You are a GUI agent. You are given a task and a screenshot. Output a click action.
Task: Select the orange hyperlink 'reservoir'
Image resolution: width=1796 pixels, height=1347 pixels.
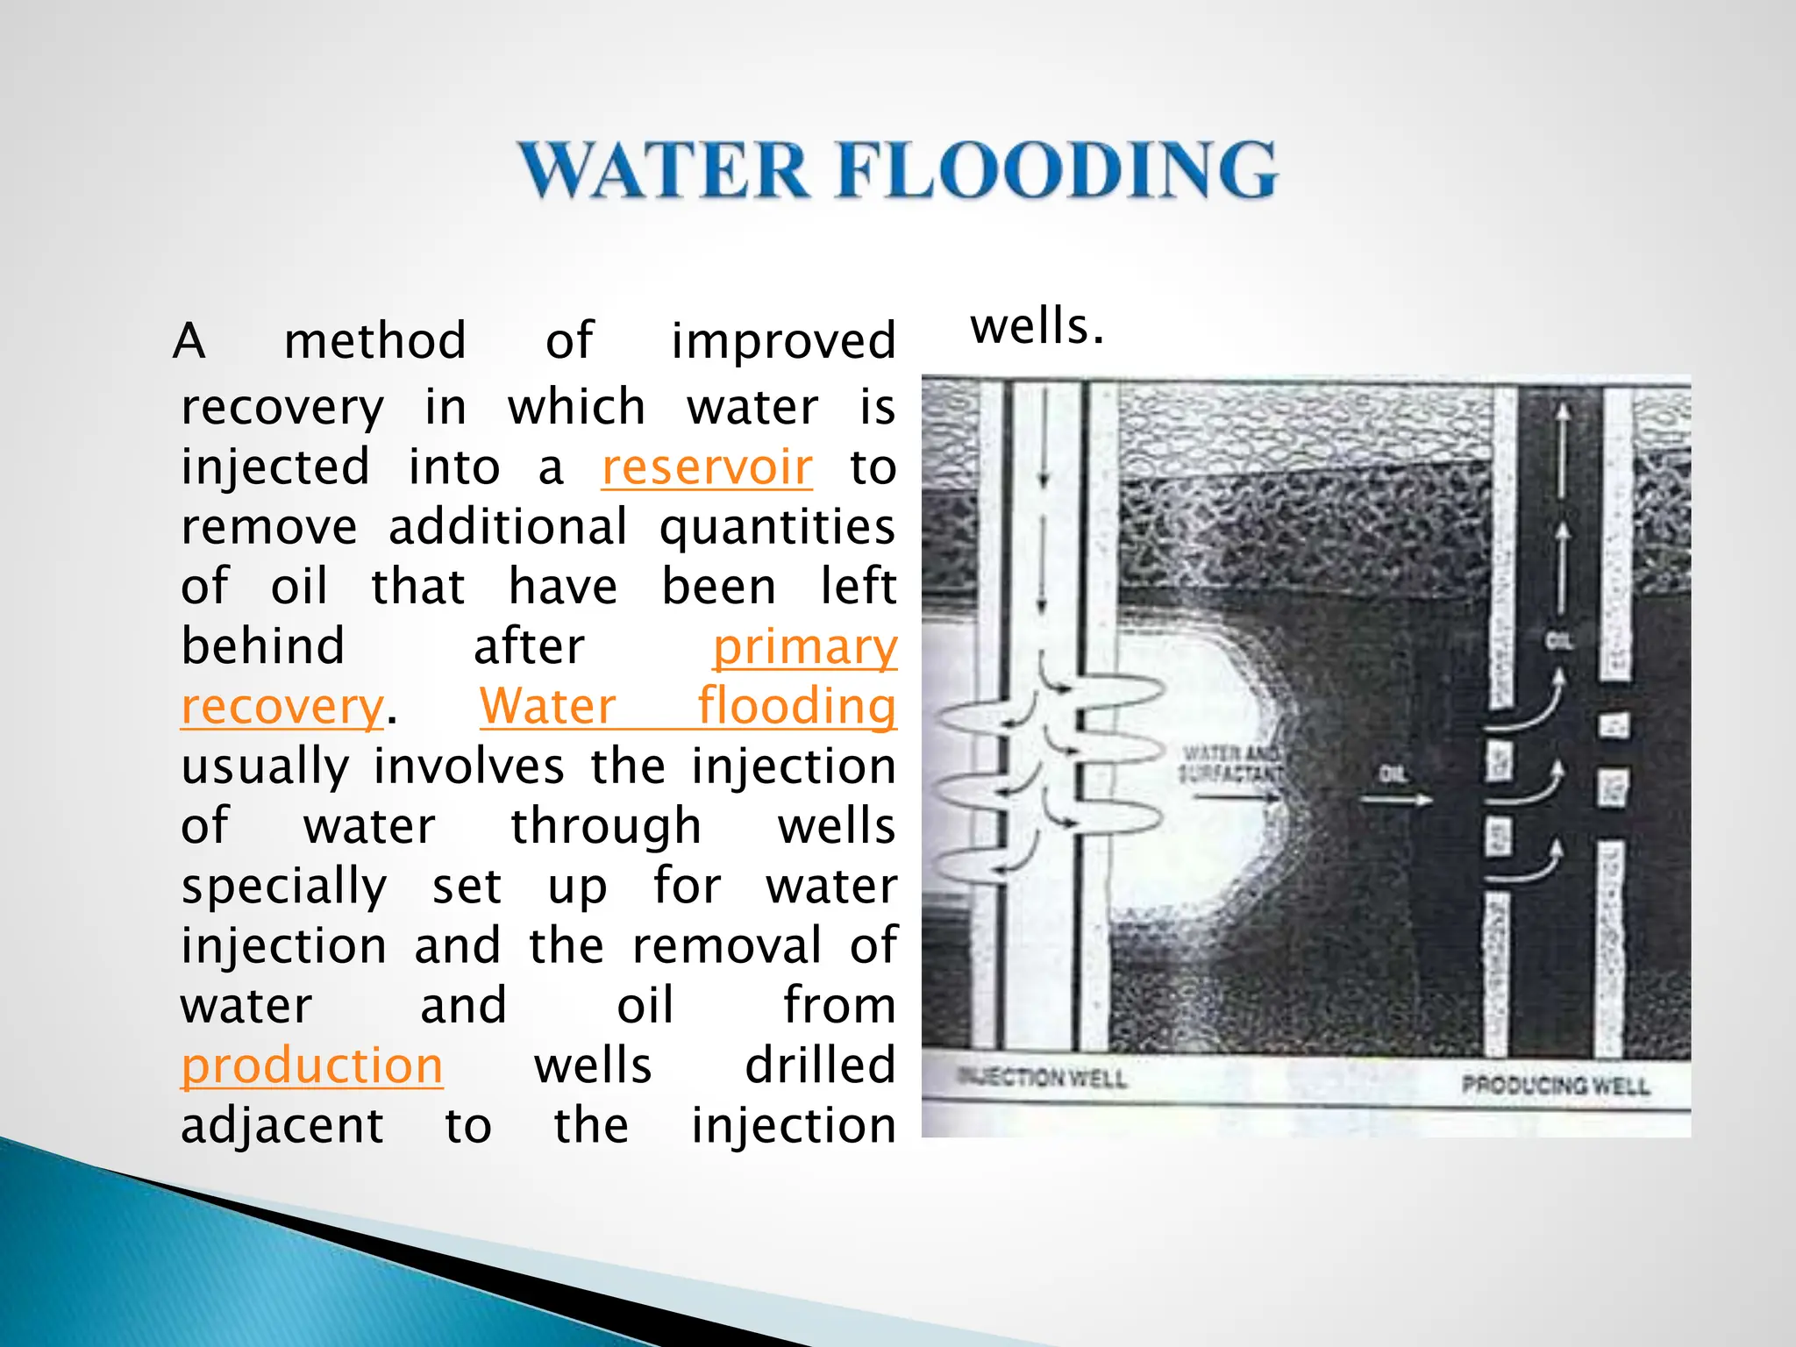click(707, 467)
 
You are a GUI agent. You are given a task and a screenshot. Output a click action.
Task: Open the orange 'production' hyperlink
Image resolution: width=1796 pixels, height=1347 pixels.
click(311, 1065)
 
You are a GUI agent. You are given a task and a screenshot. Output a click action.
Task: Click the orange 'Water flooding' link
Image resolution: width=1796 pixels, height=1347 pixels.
click(688, 706)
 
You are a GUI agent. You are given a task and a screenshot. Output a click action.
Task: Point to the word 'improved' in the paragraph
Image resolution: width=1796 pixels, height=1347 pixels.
click(783, 340)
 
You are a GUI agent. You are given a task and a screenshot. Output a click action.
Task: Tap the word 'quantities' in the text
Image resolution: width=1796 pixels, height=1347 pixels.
click(777, 527)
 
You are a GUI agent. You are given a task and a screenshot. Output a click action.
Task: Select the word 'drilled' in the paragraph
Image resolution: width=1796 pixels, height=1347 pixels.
click(820, 1065)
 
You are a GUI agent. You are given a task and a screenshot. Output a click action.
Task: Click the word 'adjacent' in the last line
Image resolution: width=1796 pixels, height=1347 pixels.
click(282, 1125)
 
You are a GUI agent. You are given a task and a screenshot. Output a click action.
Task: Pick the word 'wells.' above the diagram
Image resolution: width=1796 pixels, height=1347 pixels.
click(1037, 326)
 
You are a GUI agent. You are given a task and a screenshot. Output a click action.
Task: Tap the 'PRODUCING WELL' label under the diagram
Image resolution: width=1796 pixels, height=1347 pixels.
click(1555, 1086)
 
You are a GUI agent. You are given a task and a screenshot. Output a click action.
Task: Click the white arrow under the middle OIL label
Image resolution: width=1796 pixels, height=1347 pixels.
click(1394, 800)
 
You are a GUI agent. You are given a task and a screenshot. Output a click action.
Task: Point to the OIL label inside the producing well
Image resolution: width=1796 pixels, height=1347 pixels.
click(1558, 641)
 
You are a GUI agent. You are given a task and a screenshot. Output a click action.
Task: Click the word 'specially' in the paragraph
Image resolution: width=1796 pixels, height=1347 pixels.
click(283, 886)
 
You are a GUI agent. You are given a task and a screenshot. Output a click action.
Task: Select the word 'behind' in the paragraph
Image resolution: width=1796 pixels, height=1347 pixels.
click(262, 647)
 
